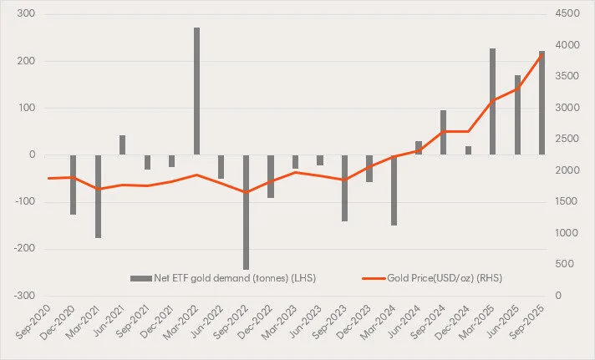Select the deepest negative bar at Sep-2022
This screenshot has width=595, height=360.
coord(246,212)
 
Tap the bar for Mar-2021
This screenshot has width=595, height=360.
coord(98,196)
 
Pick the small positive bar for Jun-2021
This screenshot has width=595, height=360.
coord(122,145)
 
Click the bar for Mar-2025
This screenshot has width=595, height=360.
coord(492,101)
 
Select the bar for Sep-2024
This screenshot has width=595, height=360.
coord(443,132)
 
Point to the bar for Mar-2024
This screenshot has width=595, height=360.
coord(394,190)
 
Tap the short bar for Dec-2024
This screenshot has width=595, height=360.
coord(468,150)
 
